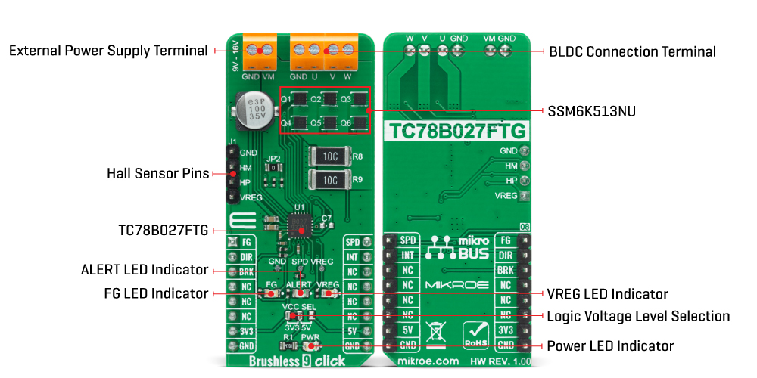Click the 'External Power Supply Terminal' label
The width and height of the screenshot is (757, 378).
coord(107,51)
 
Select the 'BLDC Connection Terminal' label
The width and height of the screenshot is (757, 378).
coord(631,51)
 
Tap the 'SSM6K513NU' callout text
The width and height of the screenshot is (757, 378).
coord(592,110)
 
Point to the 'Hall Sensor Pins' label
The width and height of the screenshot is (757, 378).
coord(157,174)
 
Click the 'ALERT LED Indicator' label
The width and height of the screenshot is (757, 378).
coord(144,270)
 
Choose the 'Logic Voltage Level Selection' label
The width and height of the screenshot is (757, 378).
coord(638,316)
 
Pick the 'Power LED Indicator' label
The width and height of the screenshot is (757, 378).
coord(610,346)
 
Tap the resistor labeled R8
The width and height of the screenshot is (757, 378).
coord(330,156)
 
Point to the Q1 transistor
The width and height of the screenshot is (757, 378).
coord(301,99)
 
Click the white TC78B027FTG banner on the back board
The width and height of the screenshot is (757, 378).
coord(456,130)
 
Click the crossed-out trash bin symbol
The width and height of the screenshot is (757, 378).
coord(436,333)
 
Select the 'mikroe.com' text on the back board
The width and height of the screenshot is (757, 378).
coord(427,362)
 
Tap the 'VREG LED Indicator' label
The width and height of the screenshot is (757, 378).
coord(608,293)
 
